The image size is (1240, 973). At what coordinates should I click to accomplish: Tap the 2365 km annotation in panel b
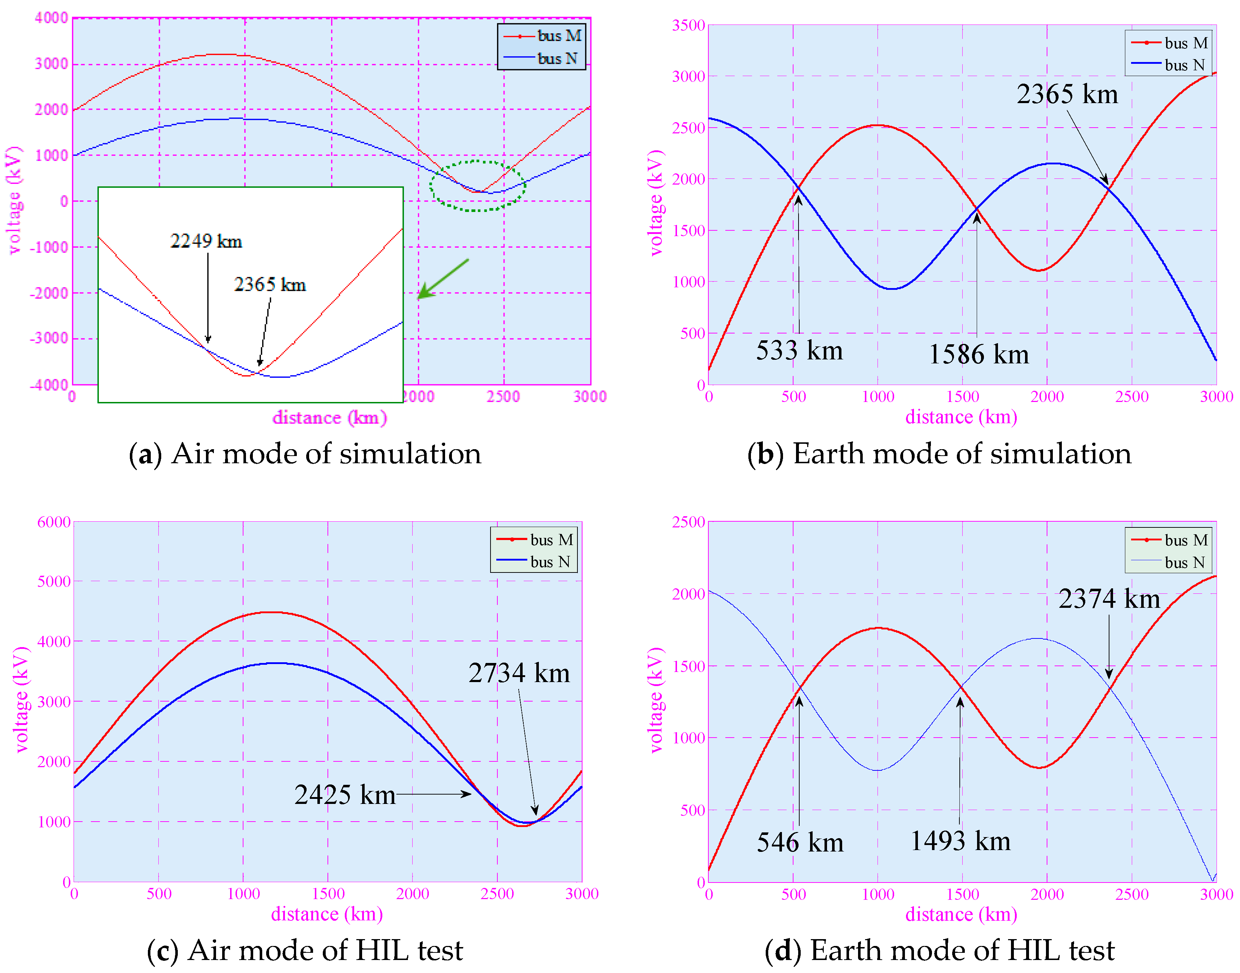(x=1067, y=94)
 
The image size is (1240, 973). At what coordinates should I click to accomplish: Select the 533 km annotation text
(x=799, y=350)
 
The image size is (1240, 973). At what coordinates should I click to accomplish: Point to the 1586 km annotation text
(x=979, y=354)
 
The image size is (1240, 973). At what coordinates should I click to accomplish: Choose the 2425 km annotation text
(x=345, y=795)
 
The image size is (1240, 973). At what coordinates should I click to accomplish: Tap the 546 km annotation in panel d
(x=800, y=842)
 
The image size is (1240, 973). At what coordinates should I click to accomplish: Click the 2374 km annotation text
(x=1109, y=599)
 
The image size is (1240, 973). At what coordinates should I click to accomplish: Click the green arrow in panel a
(x=443, y=279)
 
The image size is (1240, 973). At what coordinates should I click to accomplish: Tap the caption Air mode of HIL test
(x=305, y=951)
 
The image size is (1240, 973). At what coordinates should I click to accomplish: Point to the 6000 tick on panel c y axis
(x=54, y=522)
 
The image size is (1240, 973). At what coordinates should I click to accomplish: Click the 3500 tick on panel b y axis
(x=689, y=25)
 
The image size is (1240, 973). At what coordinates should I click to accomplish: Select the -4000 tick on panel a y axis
(x=49, y=385)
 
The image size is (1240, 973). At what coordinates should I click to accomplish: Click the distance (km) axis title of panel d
(x=961, y=914)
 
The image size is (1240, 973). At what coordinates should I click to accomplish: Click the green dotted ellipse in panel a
(x=478, y=162)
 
